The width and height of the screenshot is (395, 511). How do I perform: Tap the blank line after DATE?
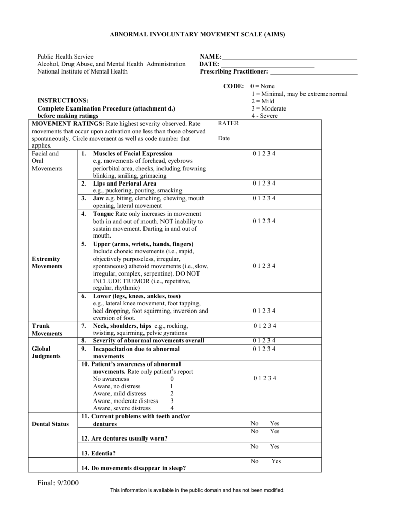267,67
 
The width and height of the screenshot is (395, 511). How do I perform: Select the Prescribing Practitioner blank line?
314,75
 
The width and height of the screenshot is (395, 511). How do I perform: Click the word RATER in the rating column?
228,124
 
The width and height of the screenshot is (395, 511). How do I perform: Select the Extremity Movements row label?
47,262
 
